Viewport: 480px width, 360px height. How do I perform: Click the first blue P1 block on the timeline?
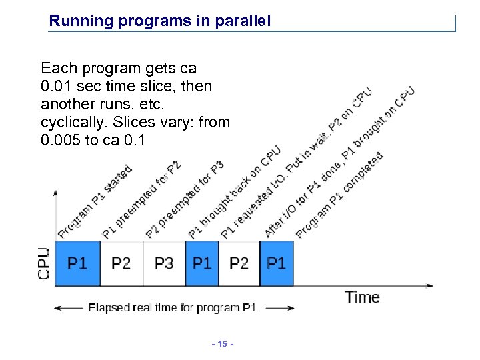pyautogui.click(x=77, y=263)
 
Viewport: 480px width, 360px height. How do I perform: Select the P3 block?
pyautogui.click(x=164, y=263)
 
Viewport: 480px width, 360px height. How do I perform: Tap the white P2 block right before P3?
pyautogui.click(x=121, y=263)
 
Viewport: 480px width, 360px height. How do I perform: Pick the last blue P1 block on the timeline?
pyautogui.click(x=276, y=263)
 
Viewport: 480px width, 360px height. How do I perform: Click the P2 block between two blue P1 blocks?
pyautogui.click(x=239, y=263)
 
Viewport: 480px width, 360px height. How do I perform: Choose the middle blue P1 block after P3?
pyautogui.click(x=201, y=263)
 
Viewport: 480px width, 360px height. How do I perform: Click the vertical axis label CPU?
pyautogui.click(x=44, y=263)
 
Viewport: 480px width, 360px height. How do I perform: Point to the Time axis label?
pyautogui.click(x=362, y=297)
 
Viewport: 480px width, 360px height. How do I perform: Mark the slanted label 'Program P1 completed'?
pyautogui.click(x=339, y=195)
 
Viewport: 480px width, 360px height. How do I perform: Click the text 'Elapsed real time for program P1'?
pyautogui.click(x=173, y=308)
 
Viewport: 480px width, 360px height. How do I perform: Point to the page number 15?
pyautogui.click(x=219, y=344)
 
